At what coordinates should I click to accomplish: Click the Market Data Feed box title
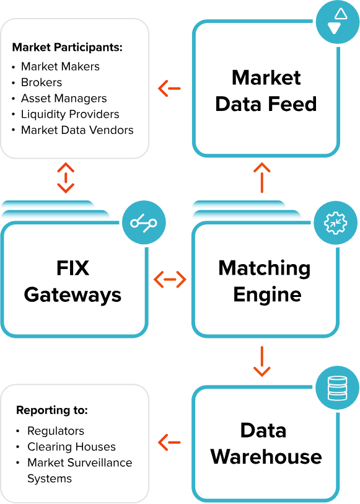click(x=266, y=91)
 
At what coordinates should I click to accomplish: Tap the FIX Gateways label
click(x=72, y=281)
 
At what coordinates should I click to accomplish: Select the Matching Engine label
click(x=265, y=281)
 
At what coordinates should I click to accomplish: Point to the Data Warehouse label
click(x=266, y=444)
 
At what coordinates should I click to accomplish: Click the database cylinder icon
click(x=337, y=388)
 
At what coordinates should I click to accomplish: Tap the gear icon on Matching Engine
click(x=336, y=223)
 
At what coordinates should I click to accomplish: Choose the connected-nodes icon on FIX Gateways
click(x=144, y=223)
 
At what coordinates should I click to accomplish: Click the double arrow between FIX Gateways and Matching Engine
click(x=170, y=279)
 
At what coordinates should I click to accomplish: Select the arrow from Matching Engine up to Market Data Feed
click(x=262, y=177)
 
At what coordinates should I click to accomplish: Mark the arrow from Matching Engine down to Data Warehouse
click(x=262, y=361)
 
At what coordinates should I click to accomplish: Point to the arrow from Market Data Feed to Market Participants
click(x=169, y=89)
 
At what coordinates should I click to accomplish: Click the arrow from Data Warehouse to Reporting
click(x=169, y=442)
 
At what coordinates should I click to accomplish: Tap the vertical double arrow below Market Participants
click(x=66, y=178)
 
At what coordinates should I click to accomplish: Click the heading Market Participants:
click(x=68, y=47)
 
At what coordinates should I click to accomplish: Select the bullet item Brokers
click(x=42, y=82)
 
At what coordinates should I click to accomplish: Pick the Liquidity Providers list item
click(x=70, y=114)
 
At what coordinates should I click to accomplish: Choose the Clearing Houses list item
click(x=71, y=446)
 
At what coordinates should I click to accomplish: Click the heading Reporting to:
click(x=52, y=410)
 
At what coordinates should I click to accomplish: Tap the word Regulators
click(x=56, y=431)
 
